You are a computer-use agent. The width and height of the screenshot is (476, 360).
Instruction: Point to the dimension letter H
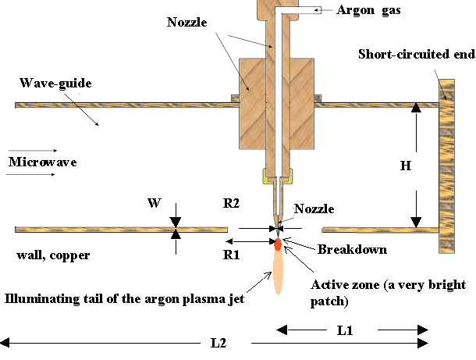point(405,166)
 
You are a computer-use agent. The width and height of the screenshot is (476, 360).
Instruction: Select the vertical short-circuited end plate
point(446,166)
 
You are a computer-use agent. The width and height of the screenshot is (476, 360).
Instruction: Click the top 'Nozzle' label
point(188,23)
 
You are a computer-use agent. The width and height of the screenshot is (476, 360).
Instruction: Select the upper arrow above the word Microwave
point(44,150)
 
